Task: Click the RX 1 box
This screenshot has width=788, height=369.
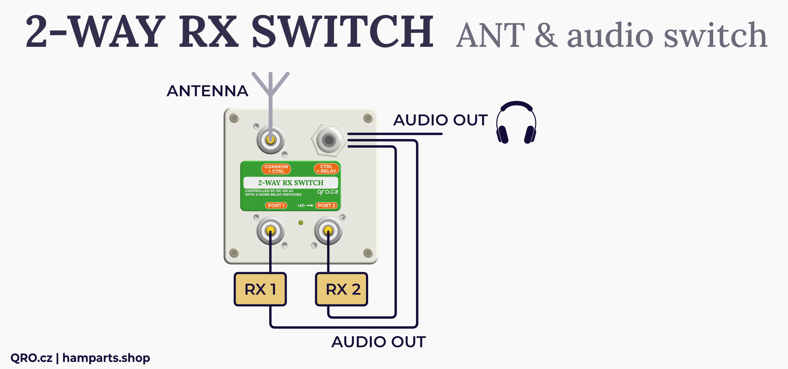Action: point(260,289)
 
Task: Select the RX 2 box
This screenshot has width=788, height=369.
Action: point(341,289)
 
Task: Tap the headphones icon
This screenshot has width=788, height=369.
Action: point(516,123)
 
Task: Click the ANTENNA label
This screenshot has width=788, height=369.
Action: point(208,91)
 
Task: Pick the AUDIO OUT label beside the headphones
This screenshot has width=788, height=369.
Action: point(440,120)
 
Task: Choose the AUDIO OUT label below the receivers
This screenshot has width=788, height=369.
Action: point(378,342)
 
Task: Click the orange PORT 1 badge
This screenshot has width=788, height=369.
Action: point(276,206)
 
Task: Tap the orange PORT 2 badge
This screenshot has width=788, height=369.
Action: point(327,206)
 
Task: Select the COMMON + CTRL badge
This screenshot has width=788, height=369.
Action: point(276,169)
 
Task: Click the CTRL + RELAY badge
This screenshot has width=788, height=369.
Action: point(327,169)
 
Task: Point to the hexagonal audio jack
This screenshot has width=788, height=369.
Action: point(328,140)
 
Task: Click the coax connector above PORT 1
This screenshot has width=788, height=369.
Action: point(271,231)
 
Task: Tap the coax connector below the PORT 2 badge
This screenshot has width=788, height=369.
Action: point(328,231)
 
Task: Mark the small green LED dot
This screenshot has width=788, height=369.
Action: point(301,223)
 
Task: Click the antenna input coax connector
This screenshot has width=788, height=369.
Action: point(271,140)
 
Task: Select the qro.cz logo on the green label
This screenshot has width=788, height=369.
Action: point(327,192)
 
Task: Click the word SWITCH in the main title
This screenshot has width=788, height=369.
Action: point(342,32)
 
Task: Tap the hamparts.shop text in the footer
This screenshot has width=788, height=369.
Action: point(106,358)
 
